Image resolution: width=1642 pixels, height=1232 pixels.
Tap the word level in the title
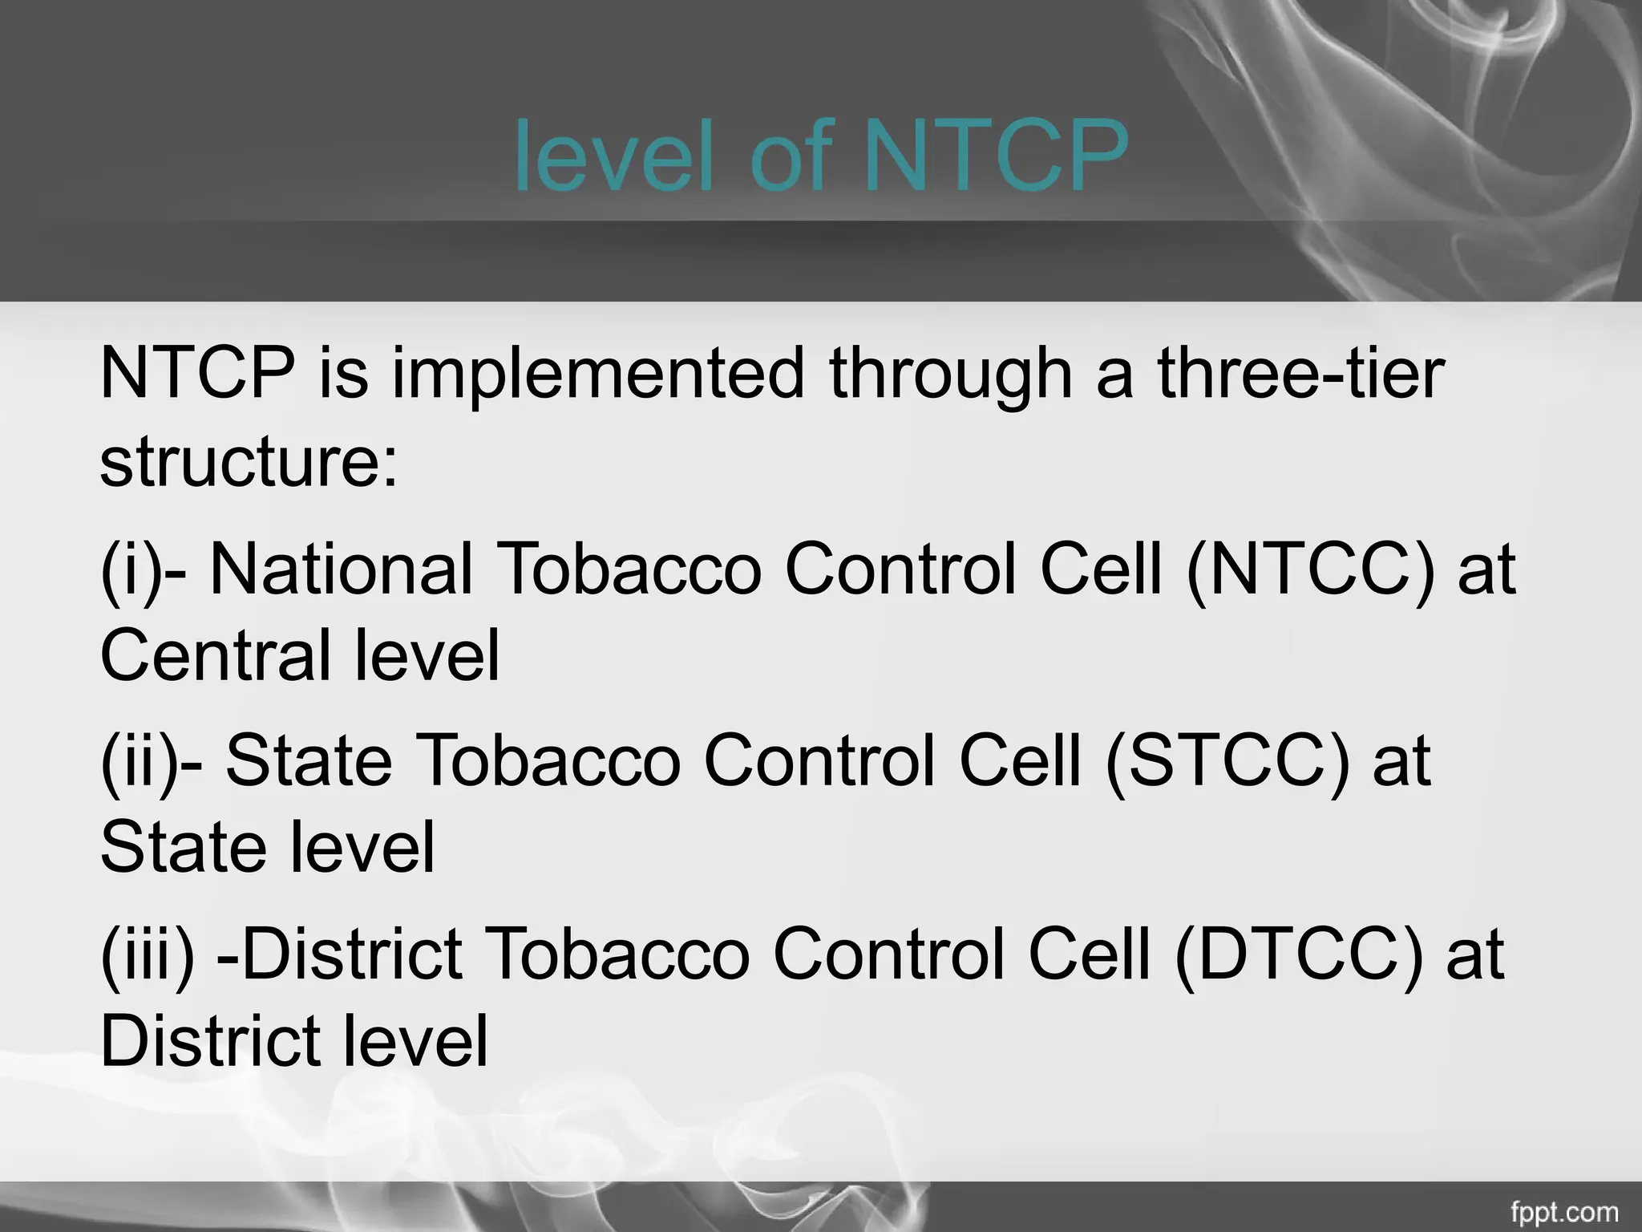coord(613,155)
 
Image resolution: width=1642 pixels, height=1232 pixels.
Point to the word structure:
coord(249,463)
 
